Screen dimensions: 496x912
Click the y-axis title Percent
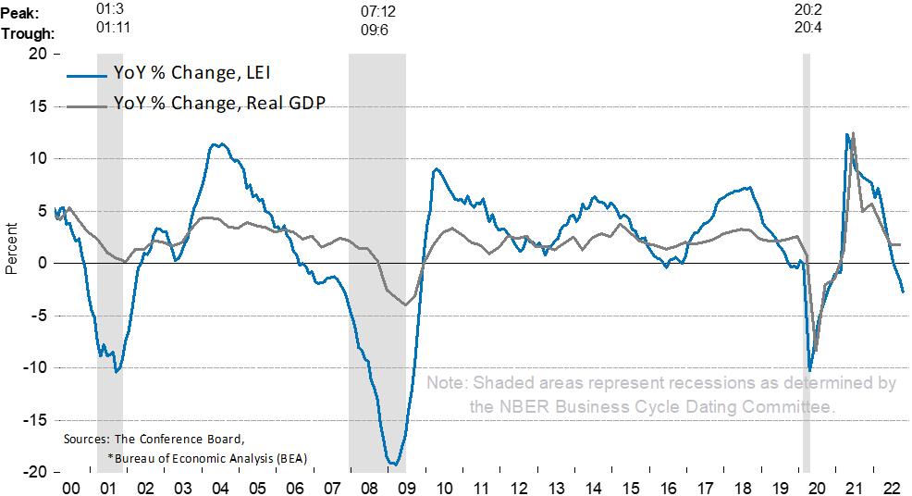(x=12, y=250)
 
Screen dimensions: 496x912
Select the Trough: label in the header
(x=27, y=33)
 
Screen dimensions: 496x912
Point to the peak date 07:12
(x=377, y=13)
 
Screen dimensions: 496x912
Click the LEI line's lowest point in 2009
(x=393, y=464)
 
